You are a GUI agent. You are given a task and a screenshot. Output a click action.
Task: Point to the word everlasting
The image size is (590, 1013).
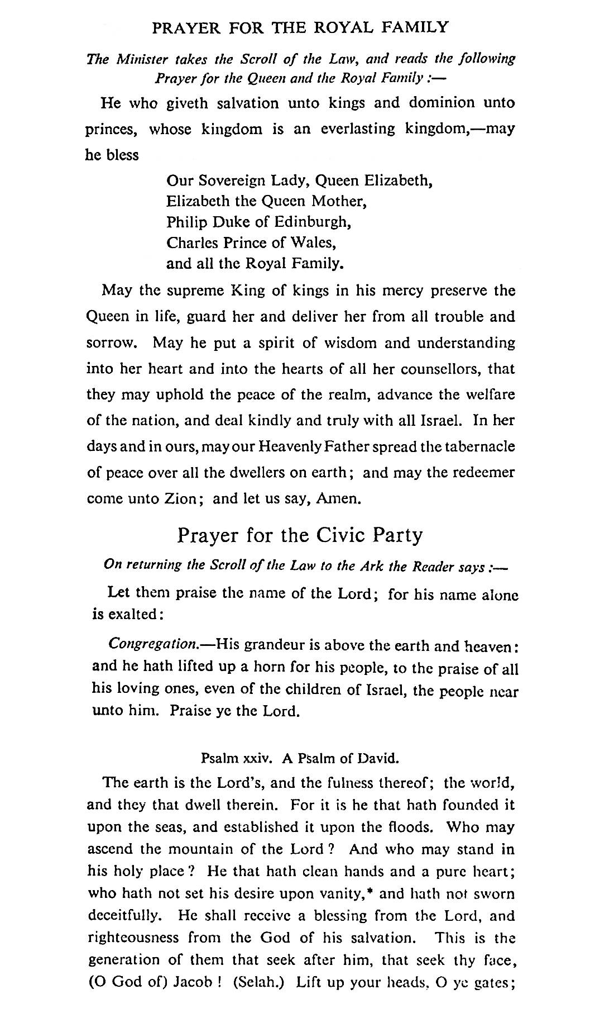point(358,129)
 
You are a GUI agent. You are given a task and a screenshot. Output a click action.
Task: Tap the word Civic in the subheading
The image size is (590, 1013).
point(342,535)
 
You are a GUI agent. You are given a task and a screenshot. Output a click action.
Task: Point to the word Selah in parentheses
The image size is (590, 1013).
point(258,982)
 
